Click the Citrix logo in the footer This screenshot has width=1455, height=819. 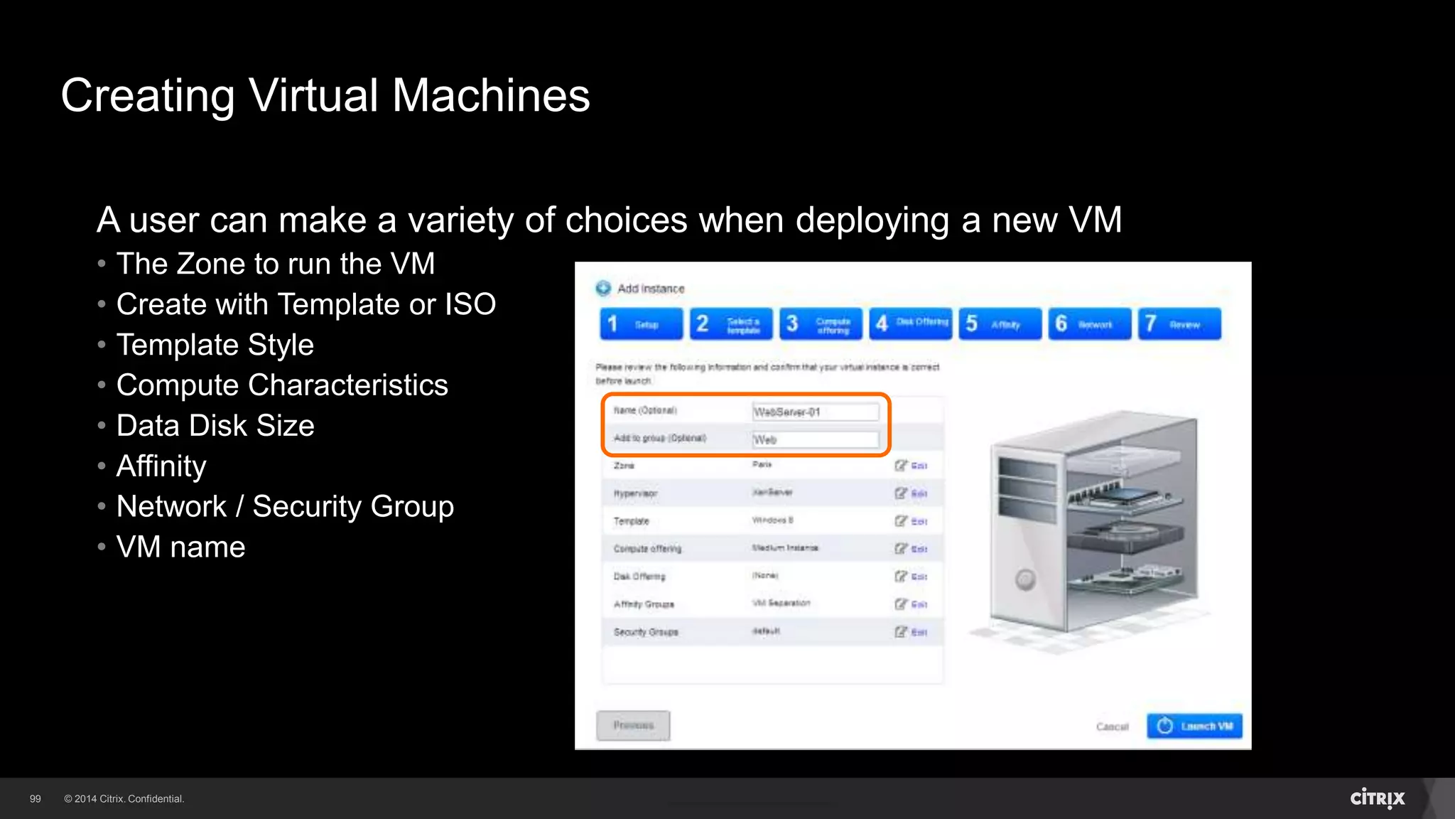[x=1377, y=798]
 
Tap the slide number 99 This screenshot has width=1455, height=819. [x=36, y=799]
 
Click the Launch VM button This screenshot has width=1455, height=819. [x=1194, y=726]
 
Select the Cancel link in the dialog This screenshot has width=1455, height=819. [x=1112, y=727]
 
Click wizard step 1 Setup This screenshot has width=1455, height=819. [x=641, y=324]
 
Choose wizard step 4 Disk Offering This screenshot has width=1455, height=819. [x=910, y=323]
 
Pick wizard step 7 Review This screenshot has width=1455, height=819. [x=1179, y=324]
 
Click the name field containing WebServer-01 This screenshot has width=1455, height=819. [x=815, y=412]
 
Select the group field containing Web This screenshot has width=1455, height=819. [x=815, y=440]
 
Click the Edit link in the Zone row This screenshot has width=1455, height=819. [x=912, y=466]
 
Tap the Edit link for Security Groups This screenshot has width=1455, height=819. [x=912, y=632]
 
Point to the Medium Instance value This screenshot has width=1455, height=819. [x=785, y=548]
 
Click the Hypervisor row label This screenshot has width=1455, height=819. [x=635, y=493]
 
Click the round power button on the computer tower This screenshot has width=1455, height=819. [x=1024, y=579]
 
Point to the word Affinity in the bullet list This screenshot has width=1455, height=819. [x=161, y=466]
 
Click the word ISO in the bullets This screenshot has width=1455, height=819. [x=470, y=304]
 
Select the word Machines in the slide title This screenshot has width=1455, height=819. [x=491, y=95]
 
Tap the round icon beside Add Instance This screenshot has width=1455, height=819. [x=603, y=288]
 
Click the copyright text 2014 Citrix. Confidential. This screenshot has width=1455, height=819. [x=124, y=799]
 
